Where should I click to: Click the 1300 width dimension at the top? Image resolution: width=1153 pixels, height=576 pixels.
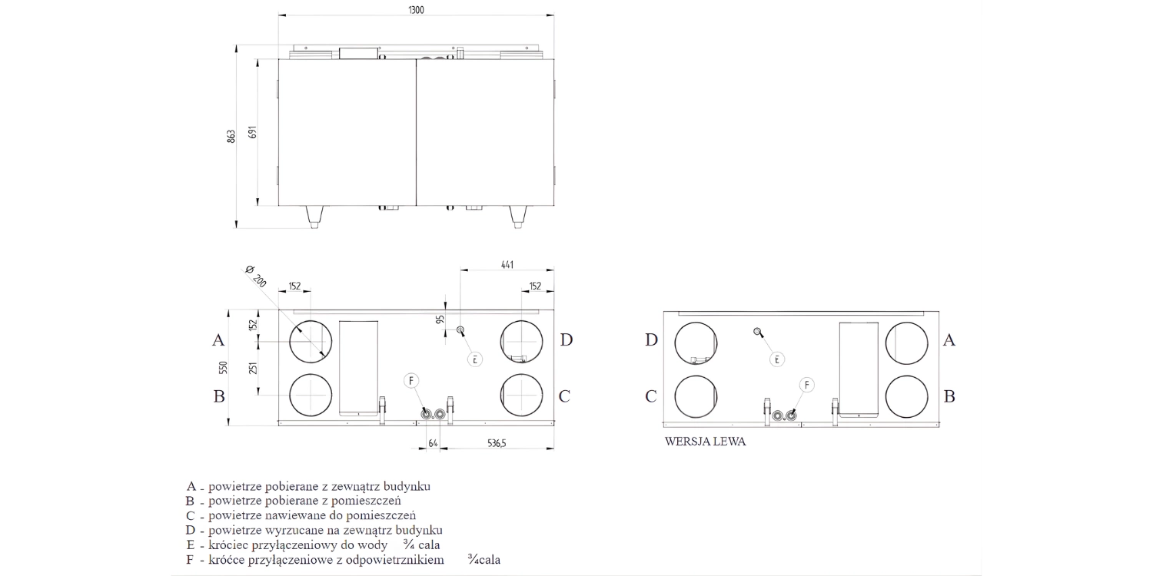tap(416, 9)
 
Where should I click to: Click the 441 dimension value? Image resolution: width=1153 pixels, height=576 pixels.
tap(507, 264)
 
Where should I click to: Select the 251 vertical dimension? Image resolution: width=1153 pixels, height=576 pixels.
tap(253, 368)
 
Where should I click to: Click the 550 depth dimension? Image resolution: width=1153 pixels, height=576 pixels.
tap(224, 368)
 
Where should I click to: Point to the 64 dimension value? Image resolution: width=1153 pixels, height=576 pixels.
tap(433, 443)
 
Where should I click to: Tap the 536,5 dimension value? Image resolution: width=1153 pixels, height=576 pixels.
tap(497, 443)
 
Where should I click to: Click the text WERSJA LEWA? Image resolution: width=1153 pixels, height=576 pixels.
tap(705, 442)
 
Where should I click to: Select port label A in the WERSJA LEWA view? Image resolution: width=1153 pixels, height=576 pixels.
tap(949, 340)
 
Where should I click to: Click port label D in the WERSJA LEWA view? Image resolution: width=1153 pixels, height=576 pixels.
tap(651, 340)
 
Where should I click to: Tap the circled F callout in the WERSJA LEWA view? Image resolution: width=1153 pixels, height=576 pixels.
tap(806, 385)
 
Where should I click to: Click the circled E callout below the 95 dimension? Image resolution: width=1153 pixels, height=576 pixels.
tap(476, 359)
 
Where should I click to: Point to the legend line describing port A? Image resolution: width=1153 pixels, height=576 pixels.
tap(308, 486)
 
